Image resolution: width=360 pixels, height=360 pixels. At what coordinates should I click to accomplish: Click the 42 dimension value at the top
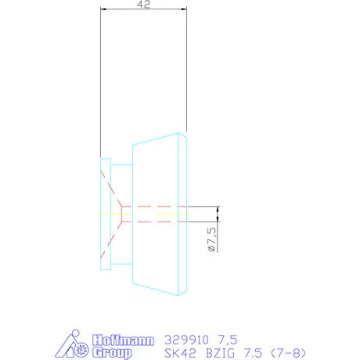coord(143,5)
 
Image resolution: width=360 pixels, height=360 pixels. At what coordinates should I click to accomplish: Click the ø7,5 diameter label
coord(211,239)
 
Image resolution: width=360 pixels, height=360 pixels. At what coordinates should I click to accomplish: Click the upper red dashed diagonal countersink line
coord(112,188)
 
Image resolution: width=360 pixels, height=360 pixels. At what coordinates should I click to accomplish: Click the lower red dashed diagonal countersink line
coord(112,237)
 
